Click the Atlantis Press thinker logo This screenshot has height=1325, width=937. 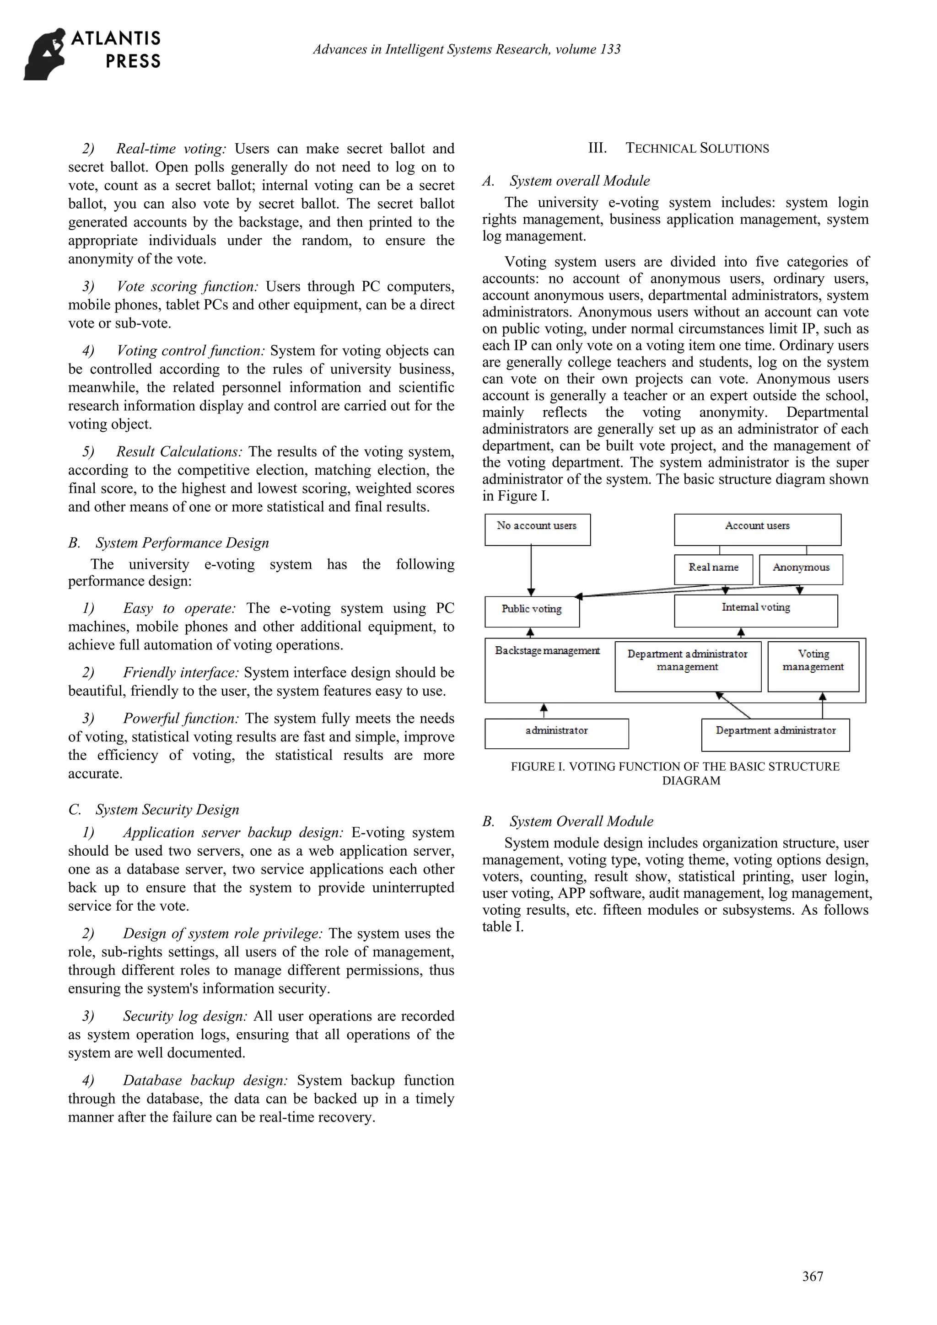pos(45,54)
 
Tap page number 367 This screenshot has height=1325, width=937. pos(812,1276)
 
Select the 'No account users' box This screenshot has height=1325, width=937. pos(537,529)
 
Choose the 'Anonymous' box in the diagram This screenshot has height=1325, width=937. pos(801,569)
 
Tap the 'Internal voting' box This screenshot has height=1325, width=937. pos(755,611)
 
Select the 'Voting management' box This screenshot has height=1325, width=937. pos(813,666)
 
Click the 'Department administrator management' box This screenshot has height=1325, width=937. pos(688,666)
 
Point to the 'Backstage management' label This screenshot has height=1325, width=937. pos(547,651)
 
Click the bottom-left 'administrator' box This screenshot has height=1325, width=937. pos(556,733)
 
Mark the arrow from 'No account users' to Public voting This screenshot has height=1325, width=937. pos(531,569)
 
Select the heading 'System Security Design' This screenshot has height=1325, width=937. pos(167,809)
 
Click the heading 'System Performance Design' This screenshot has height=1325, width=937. pos(182,542)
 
